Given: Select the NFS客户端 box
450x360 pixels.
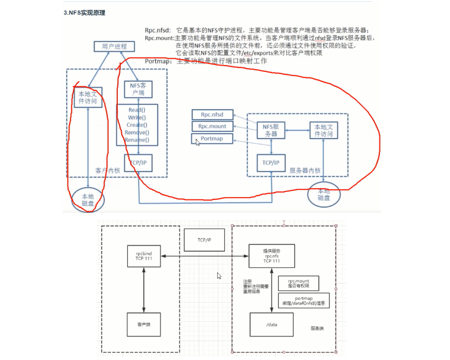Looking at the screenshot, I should pos(137,89).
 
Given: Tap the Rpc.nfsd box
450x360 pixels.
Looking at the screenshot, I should pos(212,115).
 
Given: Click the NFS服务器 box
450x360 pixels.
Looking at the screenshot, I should pos(271,130).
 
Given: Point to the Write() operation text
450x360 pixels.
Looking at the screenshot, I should pos(137,117).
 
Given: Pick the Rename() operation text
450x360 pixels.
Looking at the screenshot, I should pos(137,140).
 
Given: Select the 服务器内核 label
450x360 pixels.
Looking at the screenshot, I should pos(305,170).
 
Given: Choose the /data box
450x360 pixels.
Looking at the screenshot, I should pos(272,324).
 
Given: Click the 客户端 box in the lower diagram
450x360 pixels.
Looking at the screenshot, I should pos(145,324).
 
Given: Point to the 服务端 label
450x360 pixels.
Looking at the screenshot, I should pos(317,328).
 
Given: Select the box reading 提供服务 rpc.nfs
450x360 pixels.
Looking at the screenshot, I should pos(272,257).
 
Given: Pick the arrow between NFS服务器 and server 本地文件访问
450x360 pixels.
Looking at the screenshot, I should pos(297,130).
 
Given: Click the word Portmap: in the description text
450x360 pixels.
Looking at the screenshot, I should pos(158,61).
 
